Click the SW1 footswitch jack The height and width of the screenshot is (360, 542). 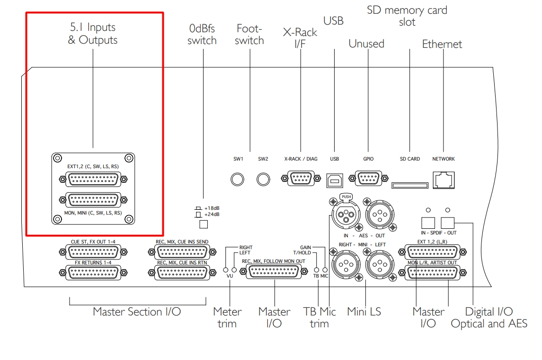pyautogui.click(x=238, y=180)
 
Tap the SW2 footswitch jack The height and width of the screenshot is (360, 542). pyautogui.click(x=263, y=180)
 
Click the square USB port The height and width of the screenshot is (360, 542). pyautogui.click(x=334, y=179)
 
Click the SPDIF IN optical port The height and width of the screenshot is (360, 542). pyautogui.click(x=427, y=222)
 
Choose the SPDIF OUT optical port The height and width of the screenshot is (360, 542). pyautogui.click(x=447, y=222)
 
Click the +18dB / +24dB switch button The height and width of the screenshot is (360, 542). pyautogui.click(x=204, y=224)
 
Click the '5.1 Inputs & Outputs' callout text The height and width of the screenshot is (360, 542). pyautogui.click(x=92, y=33)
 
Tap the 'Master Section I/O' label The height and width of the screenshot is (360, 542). pyautogui.click(x=137, y=312)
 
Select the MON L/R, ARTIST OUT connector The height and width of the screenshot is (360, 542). pyautogui.click(x=431, y=272)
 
